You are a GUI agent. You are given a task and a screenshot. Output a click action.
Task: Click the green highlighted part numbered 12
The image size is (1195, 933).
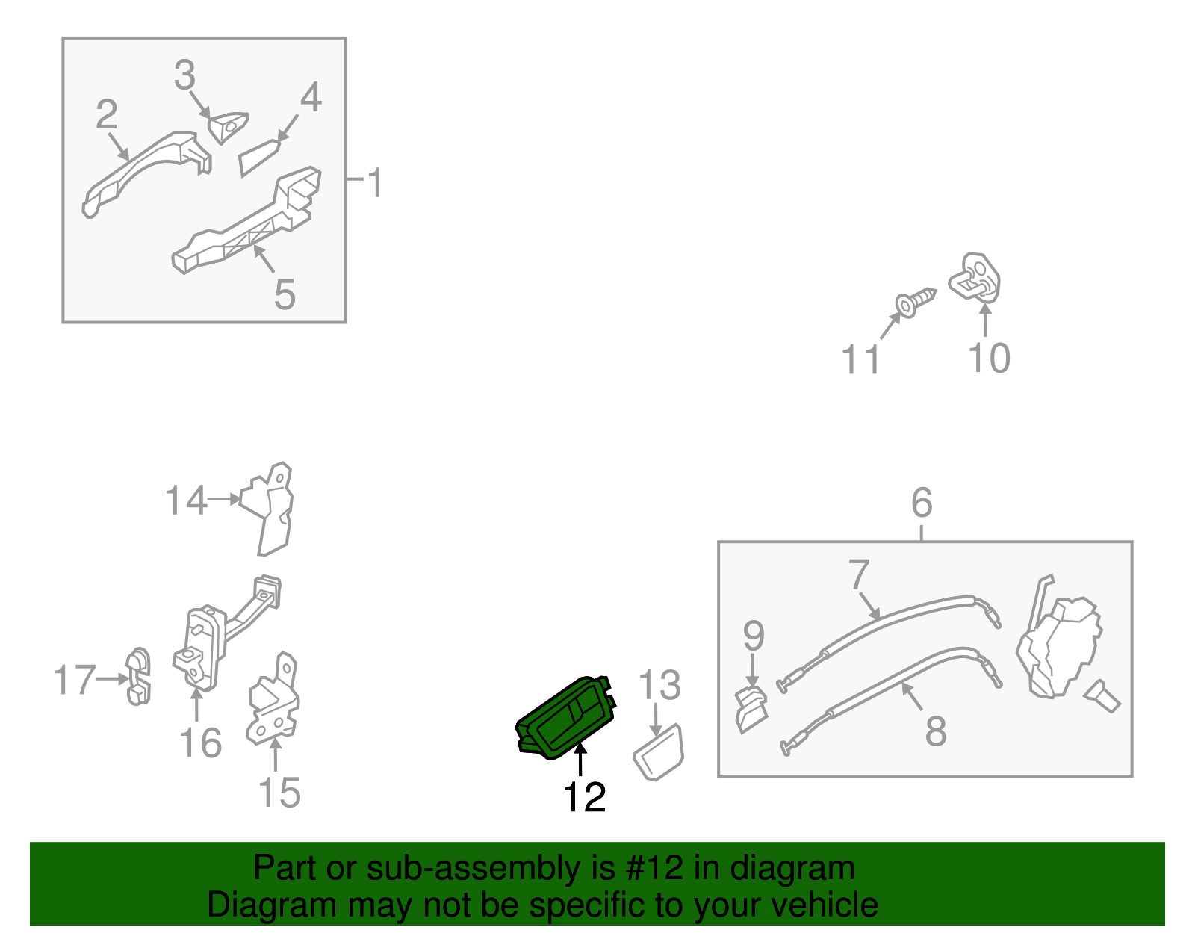pyautogui.click(x=565, y=718)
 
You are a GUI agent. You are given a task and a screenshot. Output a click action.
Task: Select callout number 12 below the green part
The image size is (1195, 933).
pyautogui.click(x=584, y=796)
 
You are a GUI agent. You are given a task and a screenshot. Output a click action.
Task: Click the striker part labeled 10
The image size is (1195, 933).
pyautogui.click(x=975, y=278)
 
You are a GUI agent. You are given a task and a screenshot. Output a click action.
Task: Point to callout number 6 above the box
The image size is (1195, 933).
pyautogui.click(x=922, y=502)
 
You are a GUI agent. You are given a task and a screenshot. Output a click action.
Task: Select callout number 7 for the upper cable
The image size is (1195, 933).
pyautogui.click(x=858, y=574)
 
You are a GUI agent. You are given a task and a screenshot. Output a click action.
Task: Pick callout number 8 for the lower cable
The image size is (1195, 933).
pyautogui.click(x=936, y=731)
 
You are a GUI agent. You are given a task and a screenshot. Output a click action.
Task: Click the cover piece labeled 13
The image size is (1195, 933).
pyautogui.click(x=659, y=752)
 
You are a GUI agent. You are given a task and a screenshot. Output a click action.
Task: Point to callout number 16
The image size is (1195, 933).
pyautogui.click(x=201, y=743)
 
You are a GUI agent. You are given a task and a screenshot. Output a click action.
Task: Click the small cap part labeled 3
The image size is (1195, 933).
pyautogui.click(x=228, y=128)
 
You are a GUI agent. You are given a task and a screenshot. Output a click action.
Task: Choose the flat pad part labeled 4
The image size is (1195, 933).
pyautogui.click(x=258, y=158)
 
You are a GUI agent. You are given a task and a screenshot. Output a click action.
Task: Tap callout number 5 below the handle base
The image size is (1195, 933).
pyautogui.click(x=285, y=294)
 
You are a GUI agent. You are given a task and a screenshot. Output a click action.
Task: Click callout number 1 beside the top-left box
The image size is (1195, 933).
pyautogui.click(x=376, y=182)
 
